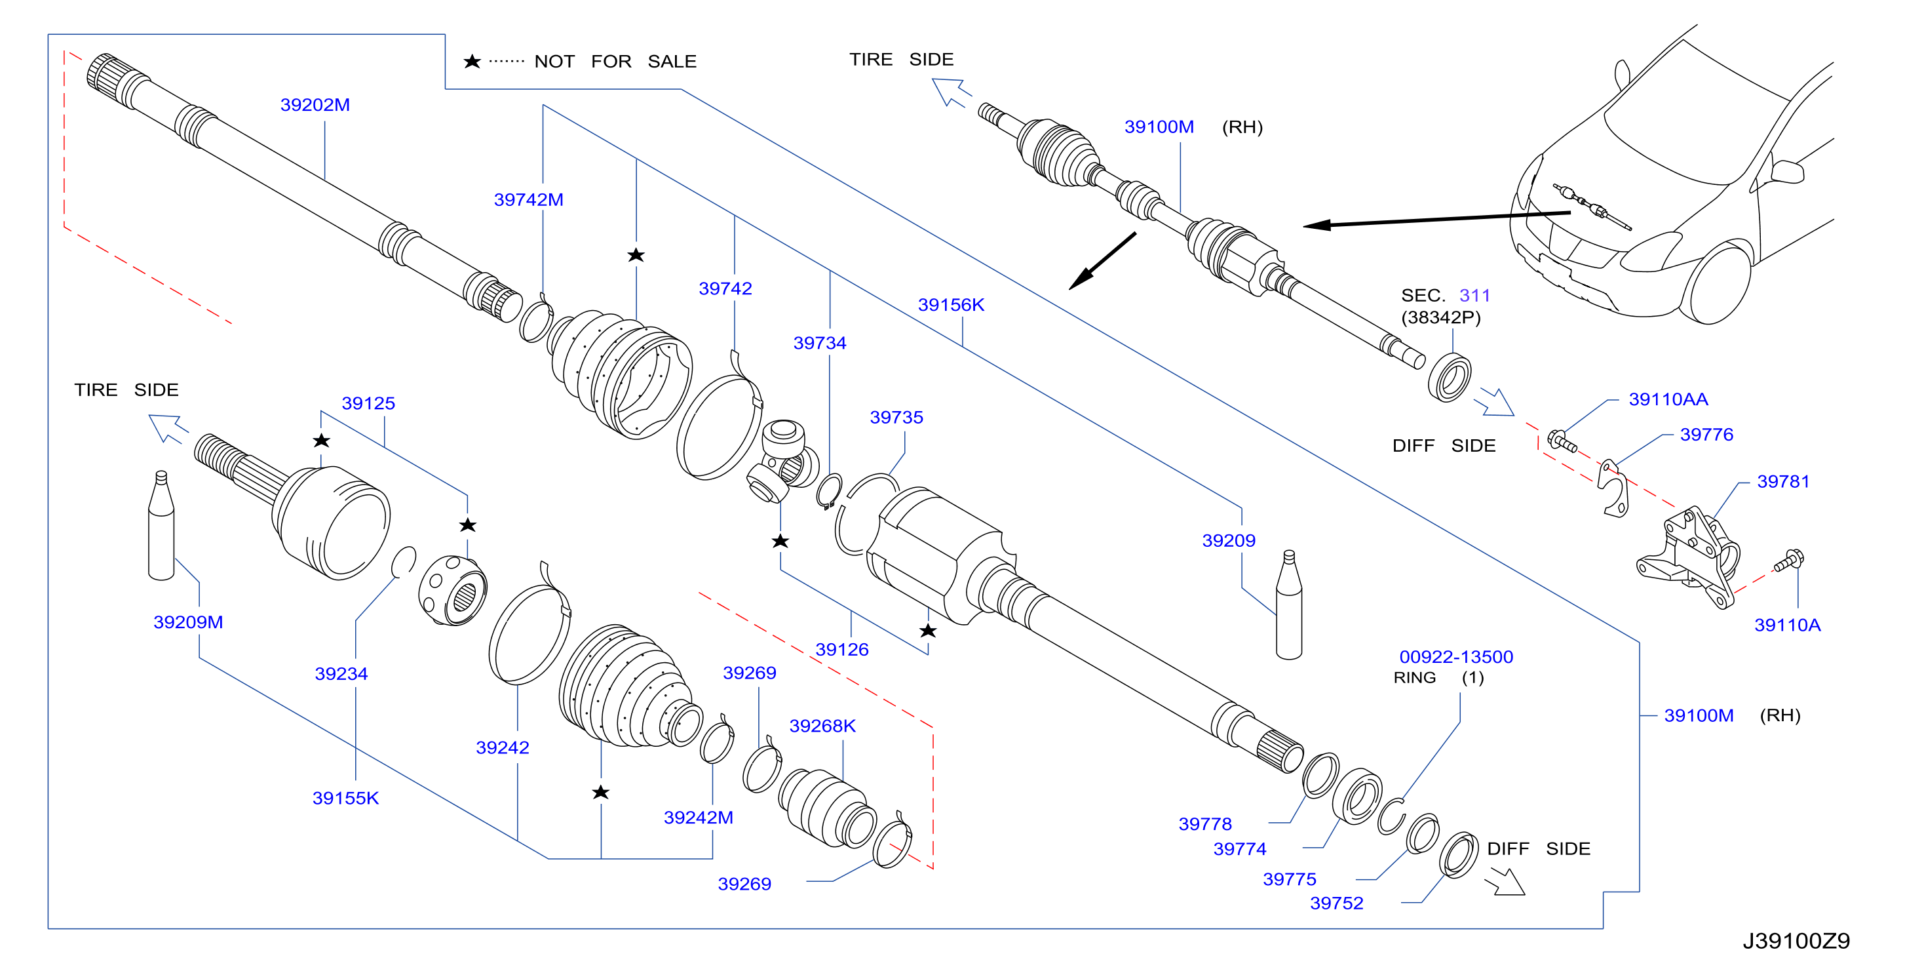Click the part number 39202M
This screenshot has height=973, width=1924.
(x=315, y=105)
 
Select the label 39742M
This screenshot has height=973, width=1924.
(x=528, y=199)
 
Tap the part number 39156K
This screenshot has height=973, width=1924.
(x=951, y=305)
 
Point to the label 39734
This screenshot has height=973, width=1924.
(x=819, y=343)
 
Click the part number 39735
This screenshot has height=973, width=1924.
(x=896, y=417)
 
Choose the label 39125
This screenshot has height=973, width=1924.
(x=368, y=403)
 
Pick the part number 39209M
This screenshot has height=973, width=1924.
(x=188, y=622)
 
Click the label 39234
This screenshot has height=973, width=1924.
(x=341, y=673)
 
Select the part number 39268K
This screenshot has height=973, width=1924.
(x=822, y=726)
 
